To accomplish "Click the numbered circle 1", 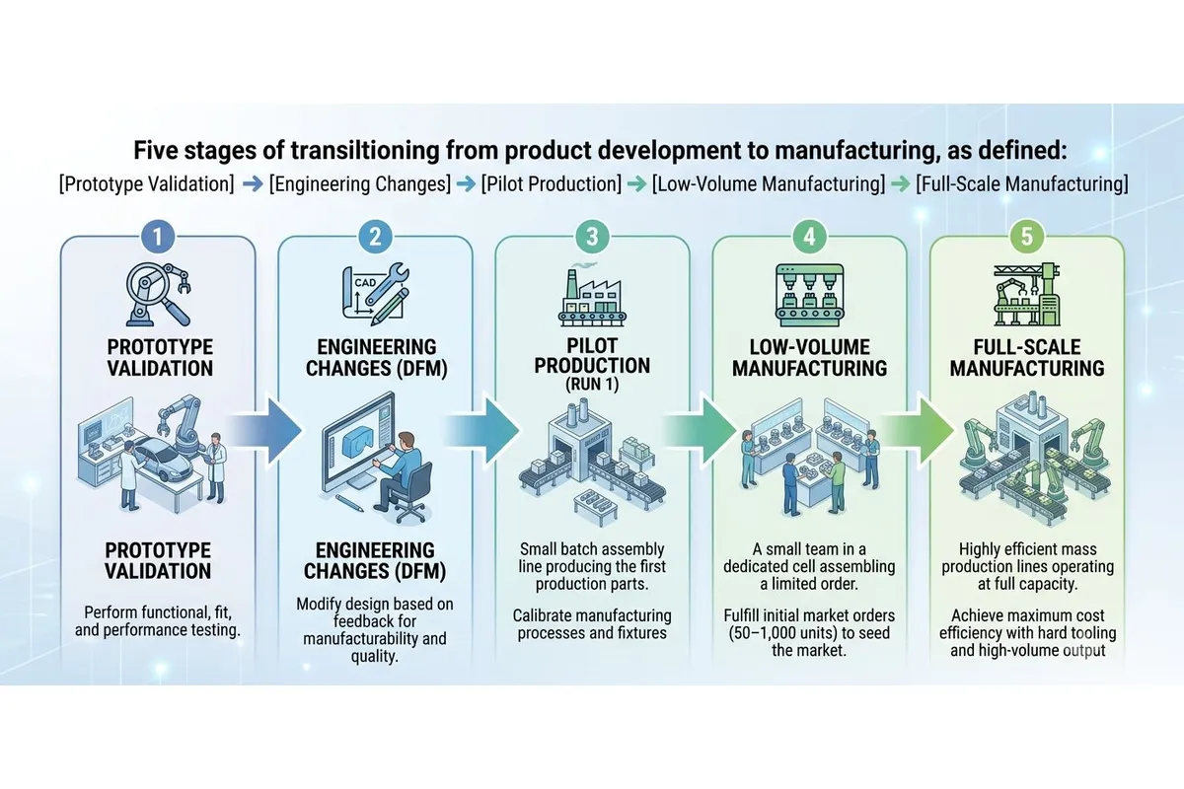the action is coord(158,237).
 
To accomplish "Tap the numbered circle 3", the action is coord(592,237).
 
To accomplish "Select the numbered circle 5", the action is coord(1026,237).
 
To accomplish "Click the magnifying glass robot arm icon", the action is coord(158,294).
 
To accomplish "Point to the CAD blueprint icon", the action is coord(376,294).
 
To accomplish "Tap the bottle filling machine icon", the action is coord(809,295).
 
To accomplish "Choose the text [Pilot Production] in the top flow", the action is coord(552,183).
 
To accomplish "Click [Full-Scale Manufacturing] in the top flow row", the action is coord(1022,183).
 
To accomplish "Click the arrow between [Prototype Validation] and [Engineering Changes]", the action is coord(253,184).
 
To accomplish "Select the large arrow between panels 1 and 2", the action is coord(265,431).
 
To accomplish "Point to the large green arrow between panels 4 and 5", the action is coord(918,431).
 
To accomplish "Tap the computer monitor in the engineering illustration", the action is coord(359,444).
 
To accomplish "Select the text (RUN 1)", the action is coord(592,385).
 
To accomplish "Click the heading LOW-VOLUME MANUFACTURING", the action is coord(809,358).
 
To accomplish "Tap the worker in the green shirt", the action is coord(836,482).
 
